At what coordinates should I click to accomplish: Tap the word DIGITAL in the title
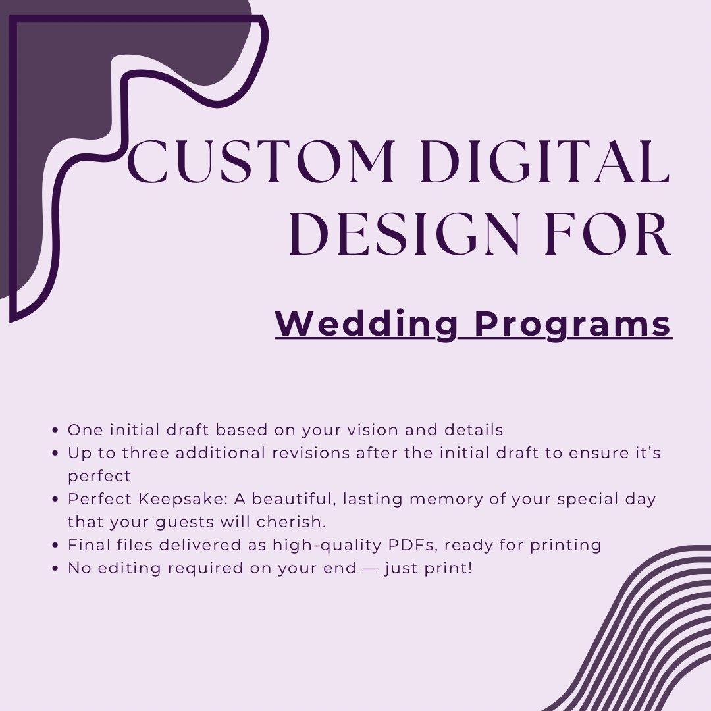tap(545, 161)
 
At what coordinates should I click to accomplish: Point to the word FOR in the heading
tap(608, 234)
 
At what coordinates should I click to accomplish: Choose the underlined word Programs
tap(573, 325)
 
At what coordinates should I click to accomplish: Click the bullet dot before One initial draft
tap(55, 430)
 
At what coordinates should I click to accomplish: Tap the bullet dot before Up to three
tap(55, 453)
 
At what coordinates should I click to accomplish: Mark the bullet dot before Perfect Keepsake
tap(55, 499)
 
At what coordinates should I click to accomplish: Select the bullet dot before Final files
tap(55, 545)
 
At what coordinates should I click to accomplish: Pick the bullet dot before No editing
tap(55, 568)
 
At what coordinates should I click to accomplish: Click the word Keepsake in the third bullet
tap(183, 499)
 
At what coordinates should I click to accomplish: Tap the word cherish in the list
tap(291, 522)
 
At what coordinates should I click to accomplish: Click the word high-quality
tap(327, 546)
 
